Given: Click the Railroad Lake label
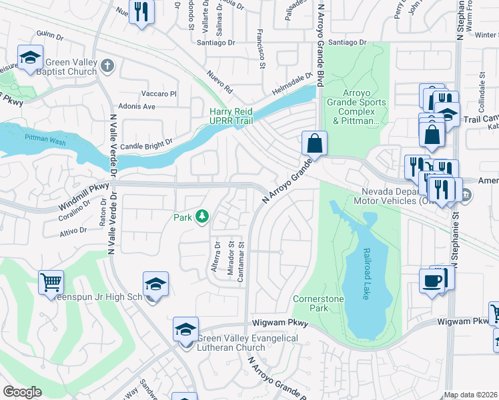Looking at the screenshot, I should point(366,273).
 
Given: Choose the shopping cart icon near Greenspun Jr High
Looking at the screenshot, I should point(51,282).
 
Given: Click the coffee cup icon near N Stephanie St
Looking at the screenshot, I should point(431,279).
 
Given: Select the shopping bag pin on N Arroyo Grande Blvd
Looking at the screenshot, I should point(314,143).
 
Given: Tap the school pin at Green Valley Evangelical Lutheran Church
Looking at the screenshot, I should point(185,329).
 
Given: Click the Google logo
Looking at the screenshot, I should point(22,391).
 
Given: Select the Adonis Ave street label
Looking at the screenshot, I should point(136,106).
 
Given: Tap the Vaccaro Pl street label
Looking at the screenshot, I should point(158,94).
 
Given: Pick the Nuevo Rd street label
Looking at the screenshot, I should point(219,80).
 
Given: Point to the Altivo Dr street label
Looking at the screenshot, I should point(73,230).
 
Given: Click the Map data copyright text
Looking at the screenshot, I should point(471,395).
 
